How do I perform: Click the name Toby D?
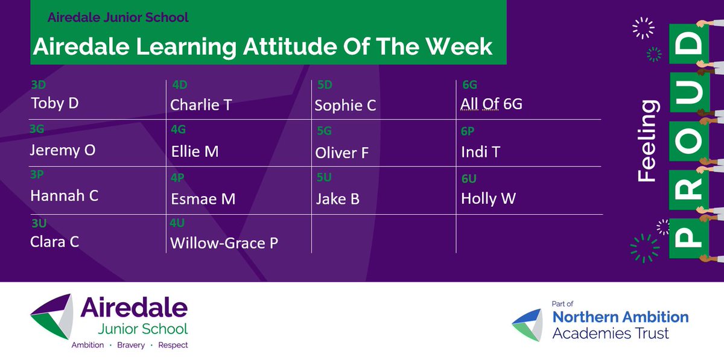click(55, 103)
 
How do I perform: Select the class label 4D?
click(180, 84)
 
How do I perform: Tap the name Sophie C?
click(345, 106)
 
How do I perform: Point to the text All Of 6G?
click(491, 104)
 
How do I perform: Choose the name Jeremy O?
click(63, 150)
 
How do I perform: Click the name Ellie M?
click(195, 151)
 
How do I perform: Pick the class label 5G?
click(324, 131)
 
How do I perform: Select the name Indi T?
click(481, 152)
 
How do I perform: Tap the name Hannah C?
click(65, 195)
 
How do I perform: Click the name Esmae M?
click(203, 199)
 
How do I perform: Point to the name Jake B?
click(338, 199)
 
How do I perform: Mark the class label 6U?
click(469, 178)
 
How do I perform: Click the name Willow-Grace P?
click(224, 243)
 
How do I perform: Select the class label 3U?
click(39, 223)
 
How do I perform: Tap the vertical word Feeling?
click(648, 141)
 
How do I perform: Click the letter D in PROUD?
click(689, 43)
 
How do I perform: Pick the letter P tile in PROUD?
click(689, 238)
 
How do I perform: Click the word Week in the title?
click(459, 47)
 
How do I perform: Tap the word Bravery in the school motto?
click(131, 345)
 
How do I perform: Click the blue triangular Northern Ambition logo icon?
click(529, 324)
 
